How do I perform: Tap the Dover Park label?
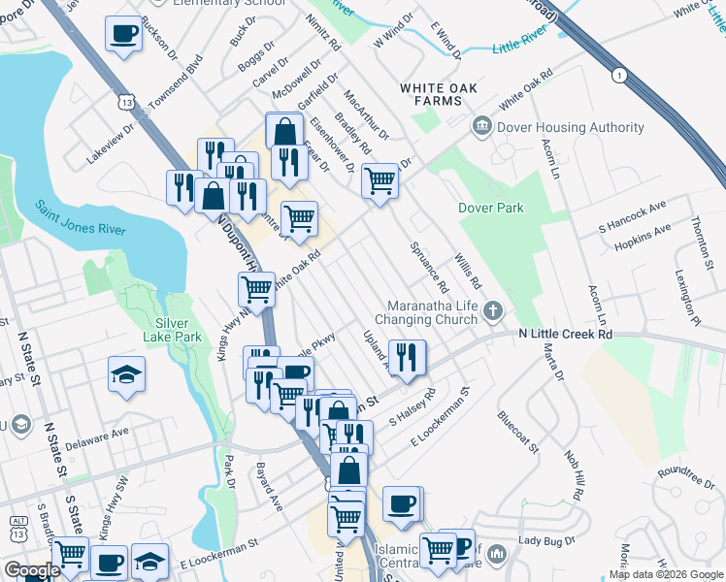(x=491, y=208)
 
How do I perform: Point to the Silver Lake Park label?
(x=178, y=330)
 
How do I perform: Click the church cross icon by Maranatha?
(x=494, y=311)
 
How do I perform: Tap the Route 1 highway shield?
(x=617, y=75)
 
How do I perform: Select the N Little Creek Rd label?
(x=564, y=334)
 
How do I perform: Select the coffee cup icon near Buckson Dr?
(x=123, y=35)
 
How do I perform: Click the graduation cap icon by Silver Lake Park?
(x=125, y=376)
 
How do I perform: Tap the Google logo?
(x=32, y=570)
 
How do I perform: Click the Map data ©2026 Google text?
(x=666, y=574)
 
